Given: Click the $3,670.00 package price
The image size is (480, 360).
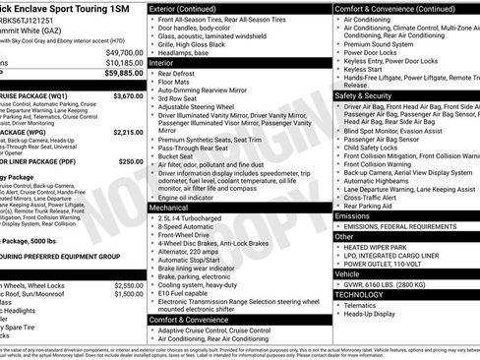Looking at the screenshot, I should [127, 97].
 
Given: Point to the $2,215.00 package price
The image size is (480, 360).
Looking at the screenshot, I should [127, 131].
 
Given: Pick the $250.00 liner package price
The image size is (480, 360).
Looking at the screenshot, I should [131, 160].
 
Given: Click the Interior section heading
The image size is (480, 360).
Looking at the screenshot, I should [161, 61].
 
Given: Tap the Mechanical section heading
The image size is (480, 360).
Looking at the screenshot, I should [168, 208].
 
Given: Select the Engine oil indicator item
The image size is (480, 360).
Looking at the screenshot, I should [193, 198].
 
